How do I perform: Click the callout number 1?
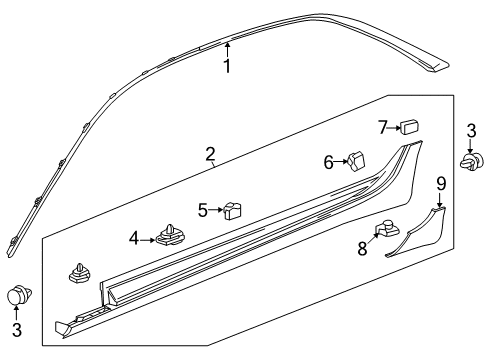[x=227, y=67]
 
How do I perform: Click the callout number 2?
[x=210, y=154]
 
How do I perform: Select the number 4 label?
[x=134, y=238]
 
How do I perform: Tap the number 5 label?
[x=203, y=210]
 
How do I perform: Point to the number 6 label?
[x=327, y=162]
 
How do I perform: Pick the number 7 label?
[x=382, y=127]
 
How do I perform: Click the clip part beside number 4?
[x=169, y=238]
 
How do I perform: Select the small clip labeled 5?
[x=234, y=210]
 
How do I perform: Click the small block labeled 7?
[x=409, y=127]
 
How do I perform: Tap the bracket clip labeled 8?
[x=385, y=231]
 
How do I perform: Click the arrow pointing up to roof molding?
[x=227, y=47]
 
